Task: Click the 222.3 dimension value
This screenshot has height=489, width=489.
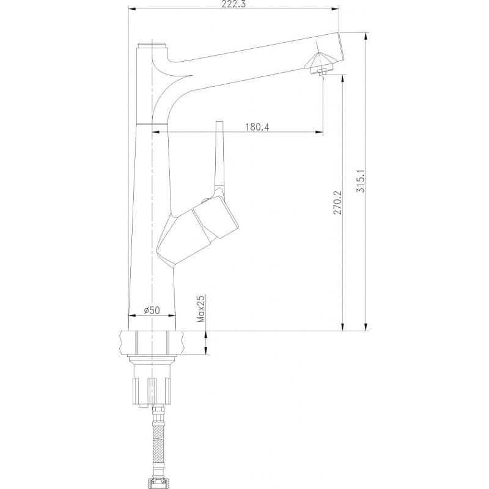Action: (x=233, y=4)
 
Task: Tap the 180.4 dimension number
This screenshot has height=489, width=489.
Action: (x=257, y=127)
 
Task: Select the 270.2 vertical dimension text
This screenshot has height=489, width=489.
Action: (x=337, y=203)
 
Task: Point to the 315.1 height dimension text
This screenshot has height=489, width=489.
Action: (x=360, y=180)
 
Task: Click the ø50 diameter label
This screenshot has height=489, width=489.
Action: (x=152, y=311)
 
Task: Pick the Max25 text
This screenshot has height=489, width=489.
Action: (x=202, y=309)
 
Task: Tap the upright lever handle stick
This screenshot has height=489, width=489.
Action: (x=220, y=156)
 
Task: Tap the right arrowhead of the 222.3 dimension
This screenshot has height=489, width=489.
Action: (x=335, y=9)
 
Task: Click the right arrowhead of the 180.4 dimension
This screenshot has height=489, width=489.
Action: (x=319, y=133)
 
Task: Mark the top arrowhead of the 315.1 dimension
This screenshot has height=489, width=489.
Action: (x=366, y=36)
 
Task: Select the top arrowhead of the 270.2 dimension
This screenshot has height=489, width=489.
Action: (x=343, y=79)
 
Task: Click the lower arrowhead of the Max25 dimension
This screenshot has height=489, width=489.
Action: (x=206, y=350)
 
